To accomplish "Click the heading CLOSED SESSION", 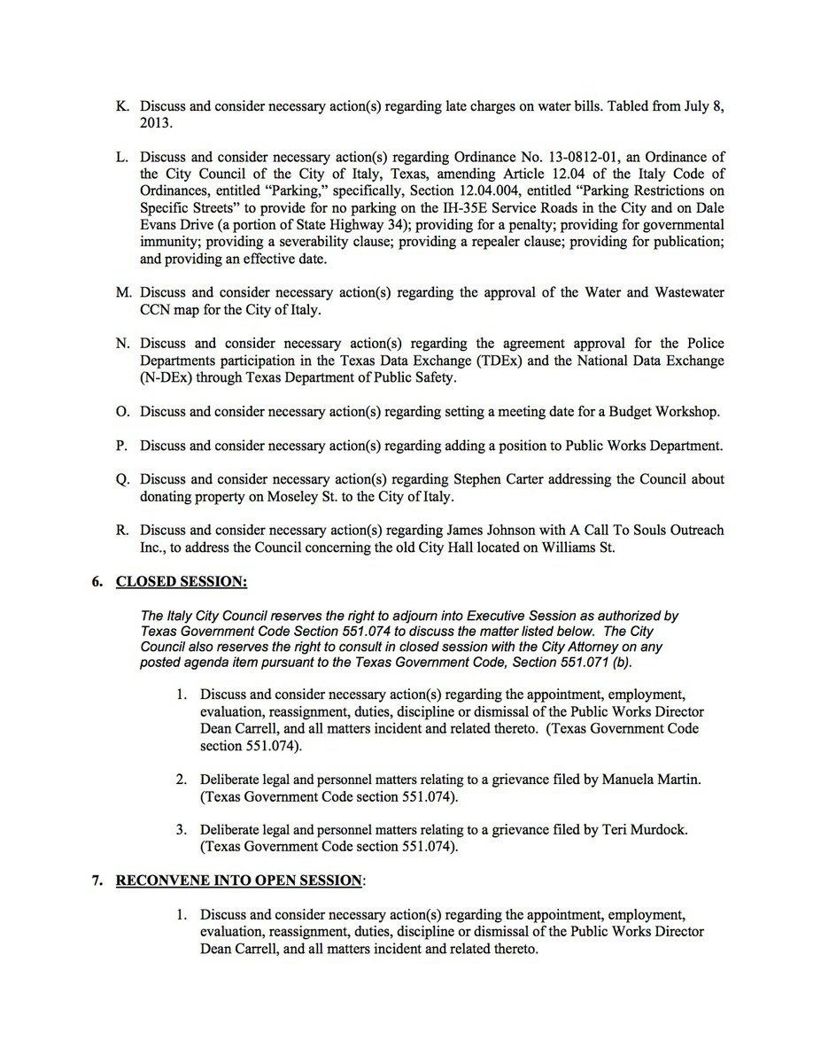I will (182, 582).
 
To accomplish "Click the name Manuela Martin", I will (646, 780).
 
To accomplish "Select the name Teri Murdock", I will (644, 830).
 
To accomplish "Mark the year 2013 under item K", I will (156, 123).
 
